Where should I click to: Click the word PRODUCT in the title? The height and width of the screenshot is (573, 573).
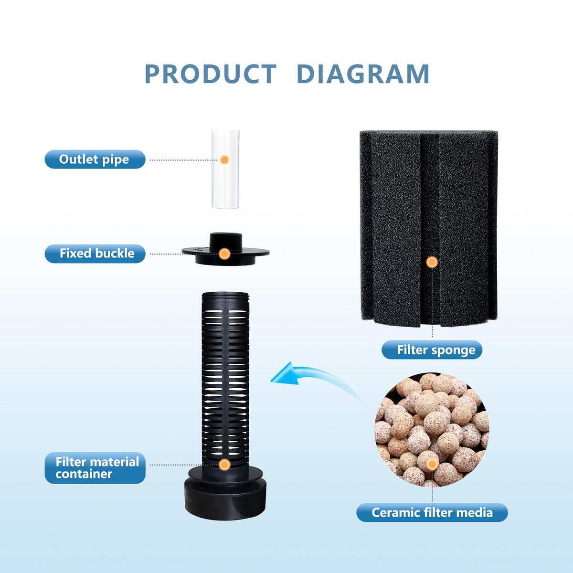pos(211,74)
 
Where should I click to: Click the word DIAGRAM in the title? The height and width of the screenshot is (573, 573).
pos(363,74)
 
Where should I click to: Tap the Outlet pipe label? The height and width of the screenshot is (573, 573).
pos(95,159)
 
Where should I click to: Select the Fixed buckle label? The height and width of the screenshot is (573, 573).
pos(95,254)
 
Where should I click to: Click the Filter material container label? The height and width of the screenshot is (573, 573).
pos(95,468)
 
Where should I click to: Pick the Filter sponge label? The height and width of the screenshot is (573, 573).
pos(432,350)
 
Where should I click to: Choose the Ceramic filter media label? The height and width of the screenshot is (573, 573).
pos(432,512)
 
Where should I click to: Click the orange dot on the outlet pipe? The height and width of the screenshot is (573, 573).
pos(224,159)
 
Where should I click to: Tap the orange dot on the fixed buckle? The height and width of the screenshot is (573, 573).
pos(224,254)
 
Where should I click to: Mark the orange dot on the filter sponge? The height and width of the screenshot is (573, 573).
pos(432,262)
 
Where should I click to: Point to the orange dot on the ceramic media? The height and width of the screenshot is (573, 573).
pos(432,464)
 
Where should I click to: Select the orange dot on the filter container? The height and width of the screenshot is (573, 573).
pos(224,465)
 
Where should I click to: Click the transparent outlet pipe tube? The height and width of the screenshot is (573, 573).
pos(225,169)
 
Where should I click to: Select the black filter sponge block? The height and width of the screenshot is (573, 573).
pos(428,228)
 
